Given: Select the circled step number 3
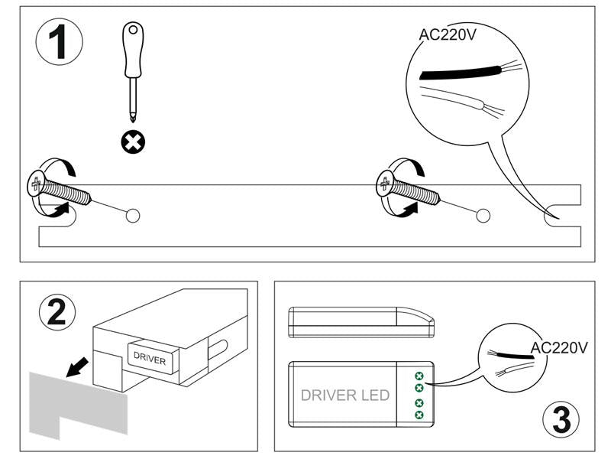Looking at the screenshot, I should (562, 419).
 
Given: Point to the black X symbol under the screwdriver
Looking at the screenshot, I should (135, 141).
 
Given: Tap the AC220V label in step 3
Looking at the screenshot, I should (559, 348).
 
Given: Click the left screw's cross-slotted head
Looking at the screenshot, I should (37, 184).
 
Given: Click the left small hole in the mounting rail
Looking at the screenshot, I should (132, 215).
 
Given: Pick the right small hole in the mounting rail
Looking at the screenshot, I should (483, 215).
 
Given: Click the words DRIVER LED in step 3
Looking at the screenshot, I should (345, 396).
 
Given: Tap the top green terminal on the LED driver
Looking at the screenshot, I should (419, 376).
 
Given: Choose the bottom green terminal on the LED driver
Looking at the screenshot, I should (419, 415).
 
